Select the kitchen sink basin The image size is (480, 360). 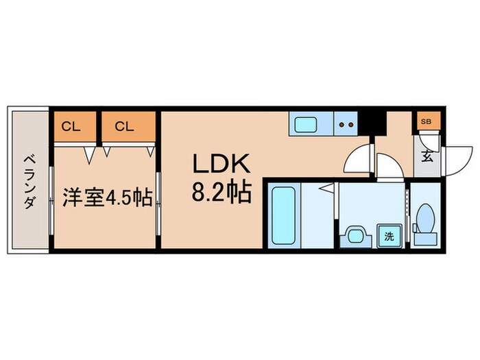tap(305, 125)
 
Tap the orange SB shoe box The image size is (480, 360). tap(426, 121)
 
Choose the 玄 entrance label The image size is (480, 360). tap(427, 156)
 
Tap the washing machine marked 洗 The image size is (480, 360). tap(389, 237)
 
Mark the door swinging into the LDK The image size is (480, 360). tap(357, 159)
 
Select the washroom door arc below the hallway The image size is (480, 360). tap(389, 168)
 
